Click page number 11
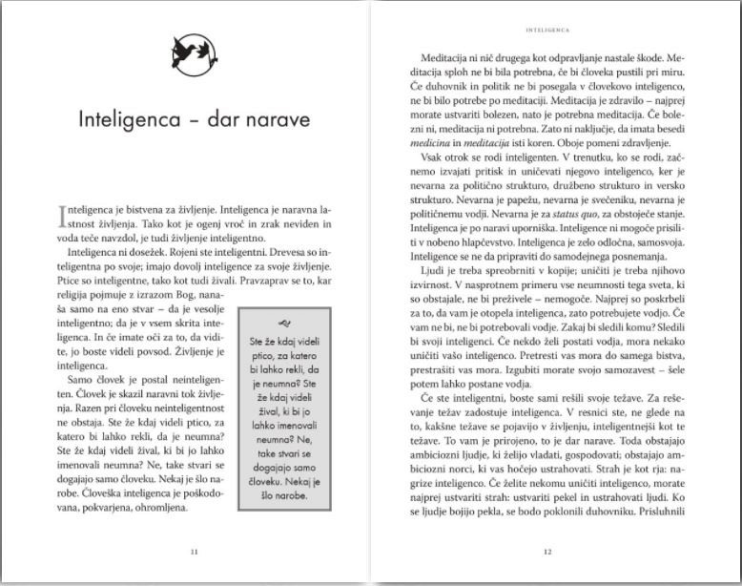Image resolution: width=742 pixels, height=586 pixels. [195, 551]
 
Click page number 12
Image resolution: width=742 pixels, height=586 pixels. [546, 551]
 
